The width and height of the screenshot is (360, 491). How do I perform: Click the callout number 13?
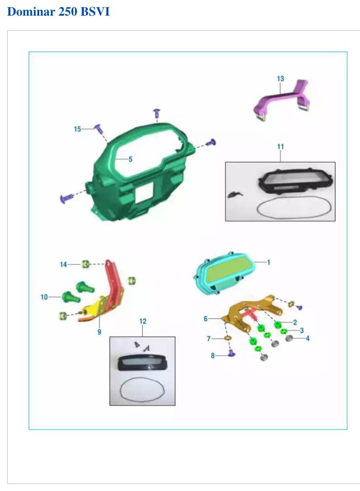pos(280,79)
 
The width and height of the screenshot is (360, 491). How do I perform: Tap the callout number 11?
pos(280,146)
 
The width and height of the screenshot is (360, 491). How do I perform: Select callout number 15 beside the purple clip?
pos(77,129)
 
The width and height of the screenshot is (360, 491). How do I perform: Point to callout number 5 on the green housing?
pos(130,159)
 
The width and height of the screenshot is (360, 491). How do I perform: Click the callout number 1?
pos(268,263)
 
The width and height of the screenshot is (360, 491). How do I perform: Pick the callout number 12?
pos(143,321)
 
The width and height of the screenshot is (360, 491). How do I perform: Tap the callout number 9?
pos(100,332)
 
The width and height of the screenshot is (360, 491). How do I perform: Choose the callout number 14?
pos(63,265)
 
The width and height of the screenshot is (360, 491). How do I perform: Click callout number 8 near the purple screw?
pos(213,356)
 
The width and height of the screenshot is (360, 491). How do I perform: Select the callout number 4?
pos(307,338)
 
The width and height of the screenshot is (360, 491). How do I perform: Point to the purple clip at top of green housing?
pos(157,113)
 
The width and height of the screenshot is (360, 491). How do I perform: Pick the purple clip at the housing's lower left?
pos(67,198)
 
